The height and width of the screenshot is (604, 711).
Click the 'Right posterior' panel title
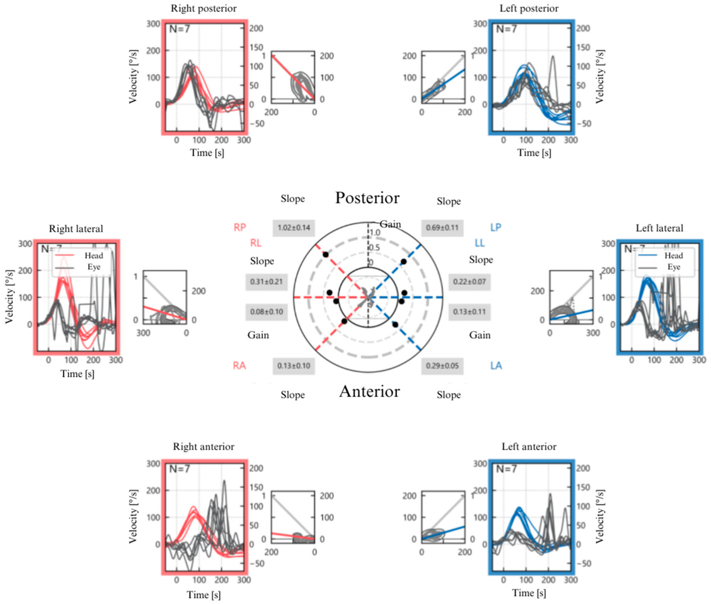(204, 9)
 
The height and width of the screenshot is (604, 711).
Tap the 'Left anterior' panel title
(529, 447)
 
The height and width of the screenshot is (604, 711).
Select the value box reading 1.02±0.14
(294, 228)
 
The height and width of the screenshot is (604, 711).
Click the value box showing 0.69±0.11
(442, 228)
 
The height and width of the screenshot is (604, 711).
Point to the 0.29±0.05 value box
(442, 366)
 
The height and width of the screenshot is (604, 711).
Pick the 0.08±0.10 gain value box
(266, 312)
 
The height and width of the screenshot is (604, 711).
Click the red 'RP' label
(240, 227)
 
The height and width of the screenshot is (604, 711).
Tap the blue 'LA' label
(496, 366)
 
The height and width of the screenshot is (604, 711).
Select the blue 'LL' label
(479, 243)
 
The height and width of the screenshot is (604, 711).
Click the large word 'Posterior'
(367, 198)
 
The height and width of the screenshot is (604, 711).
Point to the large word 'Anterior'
(369, 391)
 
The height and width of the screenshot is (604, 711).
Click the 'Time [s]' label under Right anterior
(204, 595)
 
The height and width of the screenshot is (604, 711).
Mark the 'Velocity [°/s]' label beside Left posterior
(599, 77)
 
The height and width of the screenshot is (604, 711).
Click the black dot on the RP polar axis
(326, 255)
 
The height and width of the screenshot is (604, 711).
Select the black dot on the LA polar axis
(395, 325)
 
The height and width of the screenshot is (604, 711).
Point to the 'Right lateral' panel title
(76, 229)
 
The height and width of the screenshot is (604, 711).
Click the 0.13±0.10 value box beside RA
(294, 366)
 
